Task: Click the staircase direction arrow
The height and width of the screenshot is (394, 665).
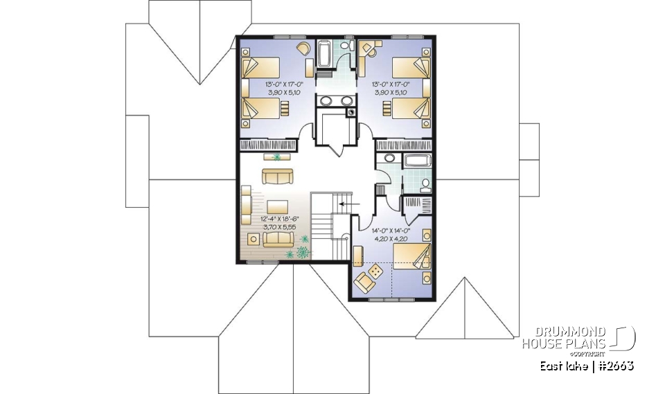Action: [349, 205]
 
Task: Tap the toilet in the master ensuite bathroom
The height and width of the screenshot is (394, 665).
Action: [425, 183]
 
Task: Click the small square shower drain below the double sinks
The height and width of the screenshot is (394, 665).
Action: [351, 109]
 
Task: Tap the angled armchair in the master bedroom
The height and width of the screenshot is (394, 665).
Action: [363, 281]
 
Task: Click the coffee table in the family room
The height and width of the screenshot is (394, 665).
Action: [277, 206]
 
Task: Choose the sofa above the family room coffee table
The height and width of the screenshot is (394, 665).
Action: [276, 176]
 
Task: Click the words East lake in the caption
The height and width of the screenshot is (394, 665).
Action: [564, 365]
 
